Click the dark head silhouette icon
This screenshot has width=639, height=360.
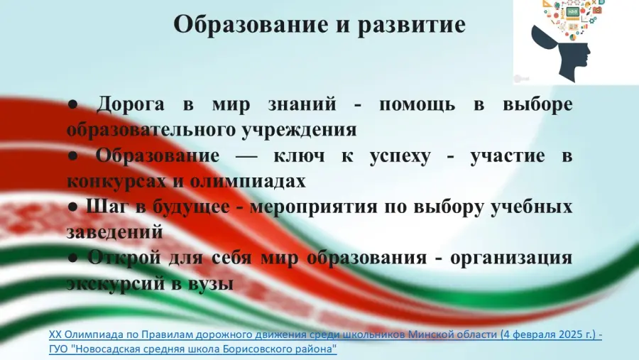(562, 52)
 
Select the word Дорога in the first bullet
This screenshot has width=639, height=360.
(131, 104)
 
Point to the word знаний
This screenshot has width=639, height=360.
(302, 104)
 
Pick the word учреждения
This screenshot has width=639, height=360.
(299, 130)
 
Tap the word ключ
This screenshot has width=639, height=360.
(299, 156)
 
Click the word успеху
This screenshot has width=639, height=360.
(400, 156)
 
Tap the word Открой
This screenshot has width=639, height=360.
(124, 258)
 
